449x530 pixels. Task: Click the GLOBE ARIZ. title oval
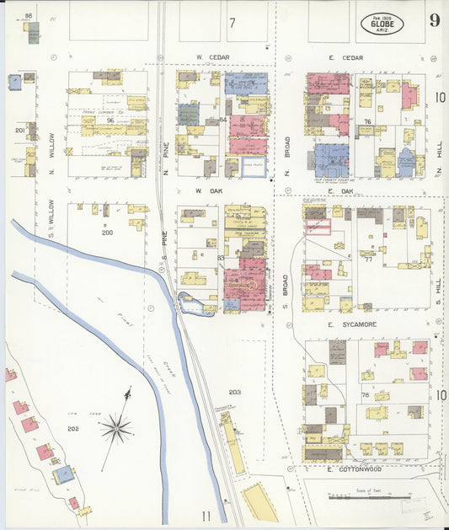pyautogui.click(x=382, y=23)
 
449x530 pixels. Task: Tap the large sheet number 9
pyautogui.click(x=434, y=21)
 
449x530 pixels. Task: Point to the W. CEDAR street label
pyautogui.click(x=213, y=57)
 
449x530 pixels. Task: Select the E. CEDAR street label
pyautogui.click(x=345, y=57)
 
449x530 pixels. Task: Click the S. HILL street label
pyautogui.click(x=438, y=292)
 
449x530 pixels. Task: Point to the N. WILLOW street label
pyautogui.click(x=51, y=147)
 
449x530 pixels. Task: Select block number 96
pyautogui.click(x=110, y=121)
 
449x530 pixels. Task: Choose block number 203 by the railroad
pyautogui.click(x=234, y=393)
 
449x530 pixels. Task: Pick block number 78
pyautogui.click(x=366, y=395)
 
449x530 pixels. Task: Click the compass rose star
pyautogui.click(x=115, y=428)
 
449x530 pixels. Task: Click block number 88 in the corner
pyautogui.click(x=28, y=16)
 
